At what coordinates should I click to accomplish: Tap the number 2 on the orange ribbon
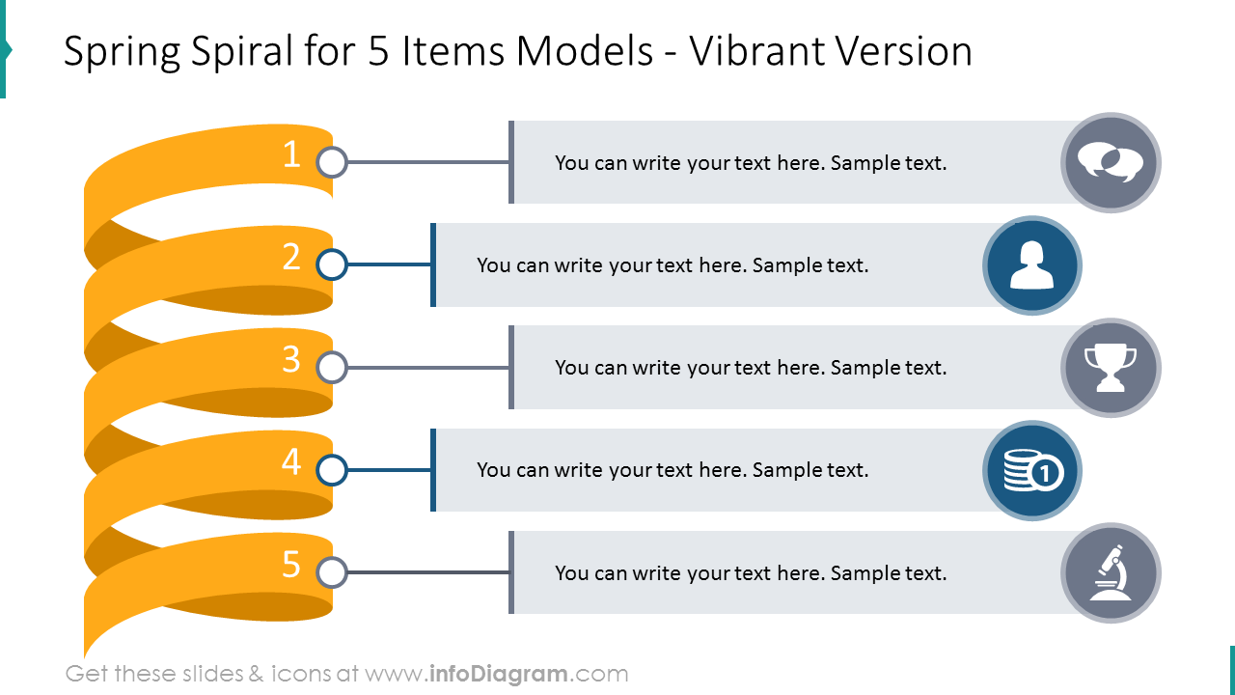click(291, 257)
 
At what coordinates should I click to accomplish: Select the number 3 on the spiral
click(291, 359)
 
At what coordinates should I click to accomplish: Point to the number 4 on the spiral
click(291, 461)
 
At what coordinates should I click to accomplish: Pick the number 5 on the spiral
click(291, 565)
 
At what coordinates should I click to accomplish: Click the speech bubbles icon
click(1111, 162)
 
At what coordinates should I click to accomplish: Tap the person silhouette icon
click(1032, 265)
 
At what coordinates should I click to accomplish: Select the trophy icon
click(1111, 368)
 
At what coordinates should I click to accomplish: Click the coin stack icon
click(1032, 470)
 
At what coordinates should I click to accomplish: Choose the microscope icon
click(1111, 572)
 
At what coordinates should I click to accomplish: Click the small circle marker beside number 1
click(332, 162)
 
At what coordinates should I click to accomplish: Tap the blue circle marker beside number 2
click(332, 264)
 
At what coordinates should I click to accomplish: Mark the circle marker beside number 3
click(332, 368)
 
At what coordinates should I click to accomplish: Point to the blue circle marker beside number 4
click(332, 470)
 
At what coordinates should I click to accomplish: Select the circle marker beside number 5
click(332, 572)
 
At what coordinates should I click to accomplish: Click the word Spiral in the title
click(241, 52)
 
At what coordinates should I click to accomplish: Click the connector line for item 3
click(428, 368)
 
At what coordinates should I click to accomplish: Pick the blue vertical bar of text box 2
click(433, 264)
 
